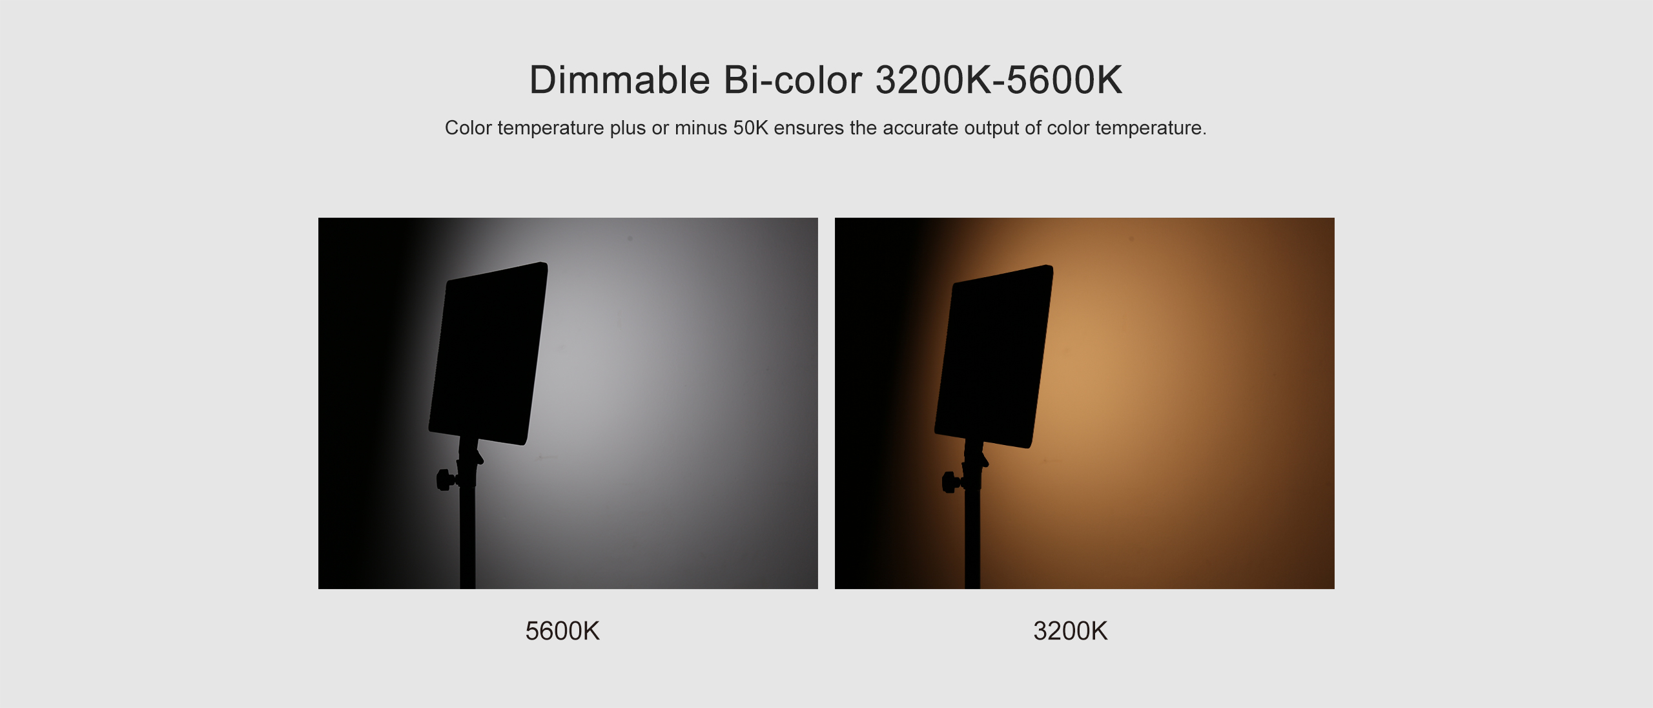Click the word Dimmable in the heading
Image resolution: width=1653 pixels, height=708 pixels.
coord(620,80)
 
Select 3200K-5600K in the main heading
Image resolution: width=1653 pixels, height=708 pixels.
coord(999,80)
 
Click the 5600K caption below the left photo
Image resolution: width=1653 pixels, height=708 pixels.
coord(562,631)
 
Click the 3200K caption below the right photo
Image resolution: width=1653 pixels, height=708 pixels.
coord(1071,631)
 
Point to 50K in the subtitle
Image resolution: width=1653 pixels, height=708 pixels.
coord(750,128)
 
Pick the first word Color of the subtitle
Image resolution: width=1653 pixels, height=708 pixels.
coord(468,128)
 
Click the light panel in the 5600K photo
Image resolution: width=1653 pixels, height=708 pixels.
coord(489,353)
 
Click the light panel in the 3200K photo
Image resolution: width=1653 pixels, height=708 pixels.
coord(994,356)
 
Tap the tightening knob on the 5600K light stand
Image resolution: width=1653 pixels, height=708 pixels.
coord(445,479)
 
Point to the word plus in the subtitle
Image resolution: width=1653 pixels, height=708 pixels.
coord(628,128)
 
